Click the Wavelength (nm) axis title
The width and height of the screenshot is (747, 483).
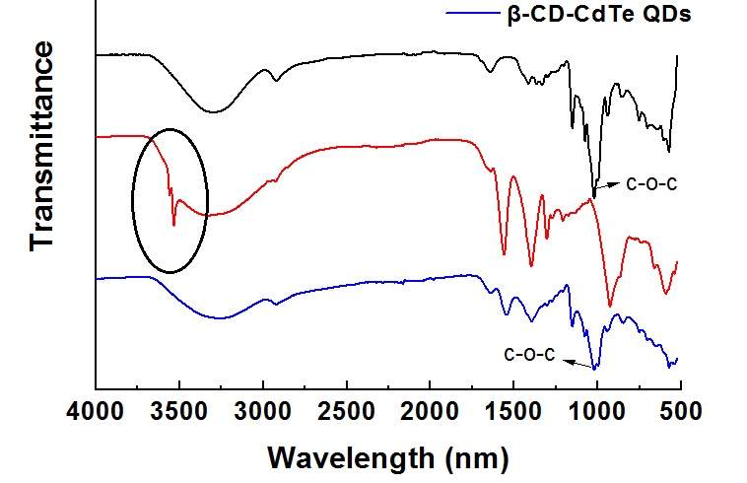coord(388,457)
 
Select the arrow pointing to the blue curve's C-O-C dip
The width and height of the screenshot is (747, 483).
coord(578,361)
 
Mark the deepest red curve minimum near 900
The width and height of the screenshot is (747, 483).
coord(610,306)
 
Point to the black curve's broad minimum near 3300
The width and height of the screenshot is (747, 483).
coord(215,110)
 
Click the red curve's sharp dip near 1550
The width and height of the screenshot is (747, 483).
coord(505,254)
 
